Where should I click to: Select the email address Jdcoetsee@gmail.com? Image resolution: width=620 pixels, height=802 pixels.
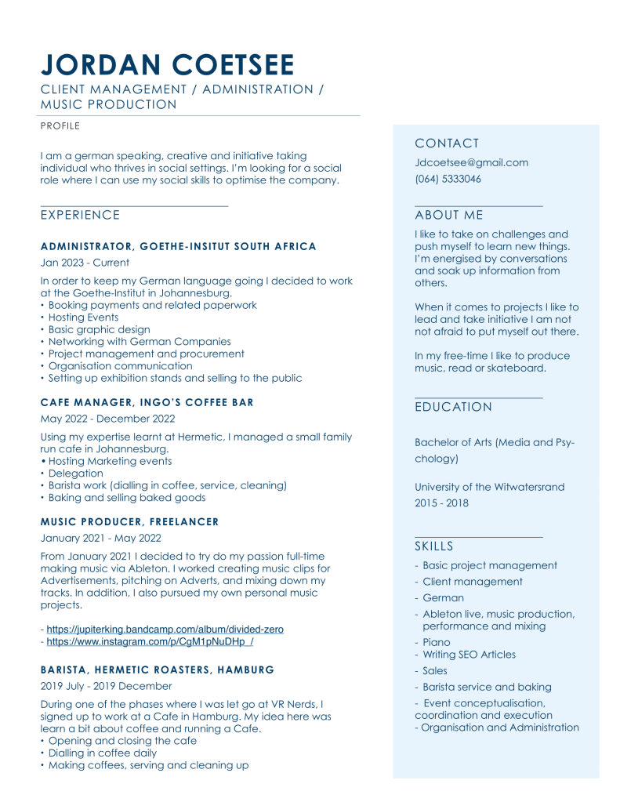click(471, 163)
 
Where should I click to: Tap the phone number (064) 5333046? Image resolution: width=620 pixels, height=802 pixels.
click(448, 179)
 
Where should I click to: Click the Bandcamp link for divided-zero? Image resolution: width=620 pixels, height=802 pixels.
click(165, 630)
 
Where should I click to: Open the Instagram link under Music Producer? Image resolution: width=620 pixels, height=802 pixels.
click(150, 641)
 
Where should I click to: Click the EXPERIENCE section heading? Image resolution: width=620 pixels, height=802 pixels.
click(80, 216)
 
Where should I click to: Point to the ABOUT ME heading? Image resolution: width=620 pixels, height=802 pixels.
click(448, 216)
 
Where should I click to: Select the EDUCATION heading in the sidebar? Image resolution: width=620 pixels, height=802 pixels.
click(453, 408)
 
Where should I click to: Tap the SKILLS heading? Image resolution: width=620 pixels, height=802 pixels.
click(433, 546)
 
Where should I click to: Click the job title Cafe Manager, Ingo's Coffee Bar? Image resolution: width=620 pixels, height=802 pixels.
click(147, 403)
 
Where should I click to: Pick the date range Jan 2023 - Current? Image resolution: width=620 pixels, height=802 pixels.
click(85, 263)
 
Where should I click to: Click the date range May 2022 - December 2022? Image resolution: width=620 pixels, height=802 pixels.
click(107, 419)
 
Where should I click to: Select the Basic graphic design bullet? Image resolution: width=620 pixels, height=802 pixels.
click(99, 330)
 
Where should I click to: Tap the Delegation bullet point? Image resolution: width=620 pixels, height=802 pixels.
click(75, 474)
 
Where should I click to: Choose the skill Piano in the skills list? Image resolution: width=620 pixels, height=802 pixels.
click(436, 642)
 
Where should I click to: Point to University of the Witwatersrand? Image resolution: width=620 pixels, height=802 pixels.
click(489, 487)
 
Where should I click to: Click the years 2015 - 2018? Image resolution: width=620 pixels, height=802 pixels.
click(441, 503)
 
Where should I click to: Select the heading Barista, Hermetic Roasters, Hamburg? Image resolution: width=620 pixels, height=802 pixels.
click(157, 670)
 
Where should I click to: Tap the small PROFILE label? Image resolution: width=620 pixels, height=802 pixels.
click(60, 125)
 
